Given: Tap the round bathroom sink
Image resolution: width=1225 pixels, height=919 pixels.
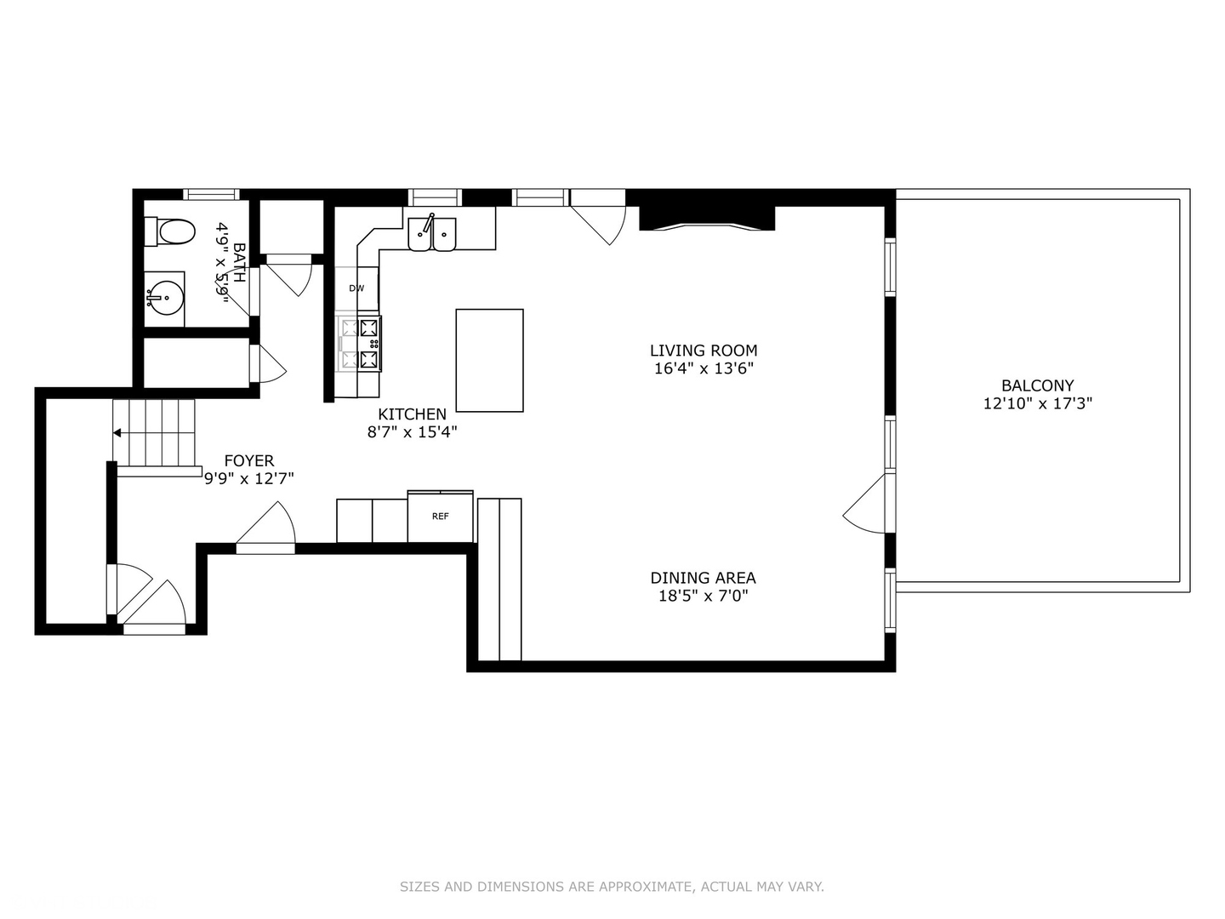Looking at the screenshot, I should tap(163, 299).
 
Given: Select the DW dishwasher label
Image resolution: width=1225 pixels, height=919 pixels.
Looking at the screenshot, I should tap(356, 288).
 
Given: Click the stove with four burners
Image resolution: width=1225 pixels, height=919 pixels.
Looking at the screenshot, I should tap(360, 343).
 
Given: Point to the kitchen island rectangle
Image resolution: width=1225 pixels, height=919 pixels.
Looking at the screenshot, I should tap(489, 360).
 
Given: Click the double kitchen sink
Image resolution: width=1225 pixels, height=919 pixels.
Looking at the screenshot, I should tap(432, 234).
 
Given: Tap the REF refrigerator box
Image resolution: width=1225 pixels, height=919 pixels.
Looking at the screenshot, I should tap(440, 517).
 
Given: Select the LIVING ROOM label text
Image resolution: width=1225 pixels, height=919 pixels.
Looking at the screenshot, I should tap(703, 350).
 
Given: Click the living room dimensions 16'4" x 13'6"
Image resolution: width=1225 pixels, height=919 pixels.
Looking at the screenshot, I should tap(703, 368).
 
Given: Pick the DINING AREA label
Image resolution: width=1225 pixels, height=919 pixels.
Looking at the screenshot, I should tap(703, 578).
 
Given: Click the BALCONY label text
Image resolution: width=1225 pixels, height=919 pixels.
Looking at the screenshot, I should tap(1037, 385).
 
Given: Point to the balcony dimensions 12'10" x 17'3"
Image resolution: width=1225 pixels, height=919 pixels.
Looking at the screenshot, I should tap(1037, 403).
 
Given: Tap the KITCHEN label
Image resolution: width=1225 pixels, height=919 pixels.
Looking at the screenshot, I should tap(412, 414).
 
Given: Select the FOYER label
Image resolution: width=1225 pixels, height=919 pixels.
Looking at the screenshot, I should tap(249, 461).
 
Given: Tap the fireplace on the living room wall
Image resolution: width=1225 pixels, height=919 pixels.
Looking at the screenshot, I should tap(707, 218).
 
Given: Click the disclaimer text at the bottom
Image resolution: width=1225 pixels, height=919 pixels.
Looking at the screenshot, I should tap(612, 887).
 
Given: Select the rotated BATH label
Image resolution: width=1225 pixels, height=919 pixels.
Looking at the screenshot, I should tap(239, 263).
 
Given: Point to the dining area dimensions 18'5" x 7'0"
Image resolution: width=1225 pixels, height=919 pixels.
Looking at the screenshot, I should tap(703, 596).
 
